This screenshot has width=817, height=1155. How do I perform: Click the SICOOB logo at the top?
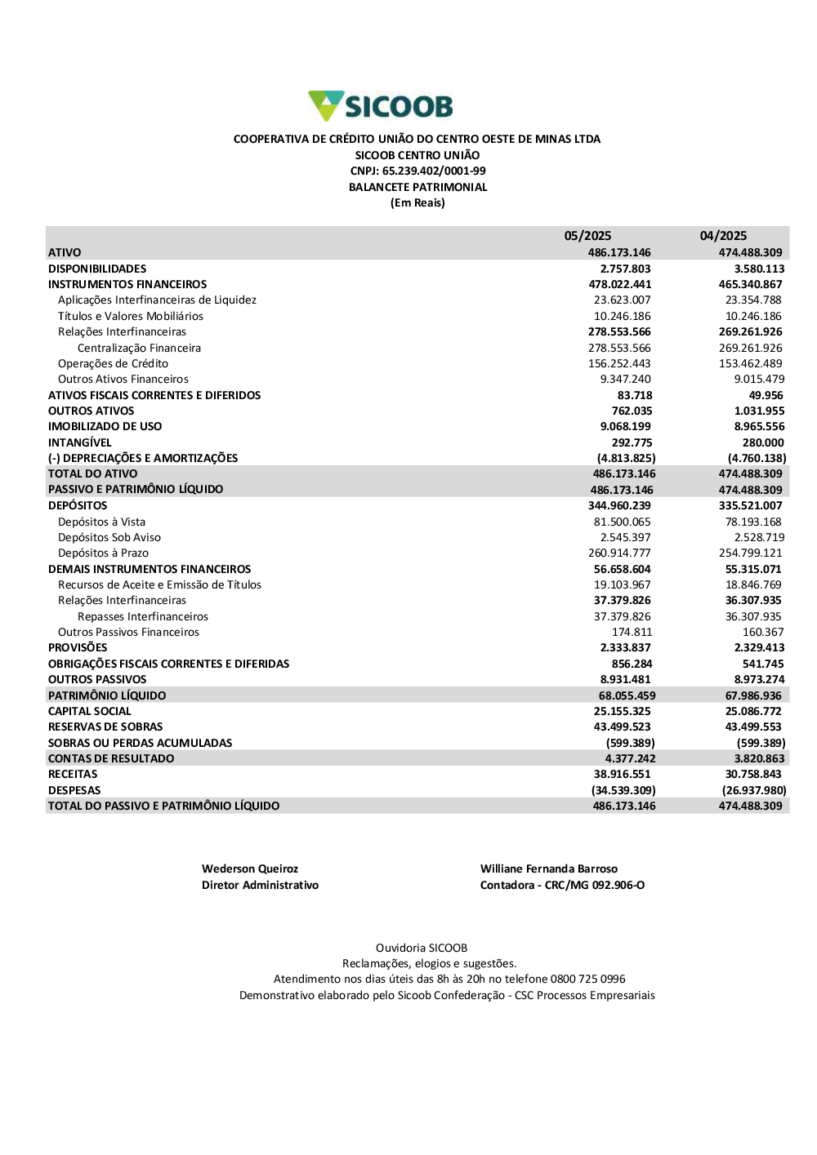[381, 106]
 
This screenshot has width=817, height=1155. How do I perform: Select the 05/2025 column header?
[587, 236]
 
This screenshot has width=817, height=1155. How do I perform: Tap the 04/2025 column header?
[723, 236]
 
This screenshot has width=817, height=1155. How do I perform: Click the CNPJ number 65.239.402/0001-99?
[434, 171]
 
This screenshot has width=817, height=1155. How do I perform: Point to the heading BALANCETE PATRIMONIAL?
[417, 187]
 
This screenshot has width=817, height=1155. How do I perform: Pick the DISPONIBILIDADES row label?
[97, 269]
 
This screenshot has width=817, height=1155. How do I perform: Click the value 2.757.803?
[625, 269]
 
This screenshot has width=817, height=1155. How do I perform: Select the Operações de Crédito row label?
[113, 364]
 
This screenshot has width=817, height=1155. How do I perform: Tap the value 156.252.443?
[619, 364]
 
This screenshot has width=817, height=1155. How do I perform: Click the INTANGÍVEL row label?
[79, 442]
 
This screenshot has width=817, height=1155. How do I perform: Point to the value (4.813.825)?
[626, 458]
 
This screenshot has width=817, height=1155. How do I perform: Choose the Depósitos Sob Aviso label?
[109, 537]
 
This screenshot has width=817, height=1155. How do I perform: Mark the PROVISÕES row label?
[78, 647]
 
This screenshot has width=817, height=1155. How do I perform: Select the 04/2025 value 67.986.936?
[753, 695]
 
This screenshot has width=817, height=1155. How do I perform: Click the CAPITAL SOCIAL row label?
[89, 711]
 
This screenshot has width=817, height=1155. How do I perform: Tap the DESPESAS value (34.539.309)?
[623, 790]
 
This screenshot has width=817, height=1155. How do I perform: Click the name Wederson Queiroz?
[250, 868]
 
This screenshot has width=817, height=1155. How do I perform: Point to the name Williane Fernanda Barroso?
[549, 868]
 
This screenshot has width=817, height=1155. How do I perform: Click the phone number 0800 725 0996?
[588, 979]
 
